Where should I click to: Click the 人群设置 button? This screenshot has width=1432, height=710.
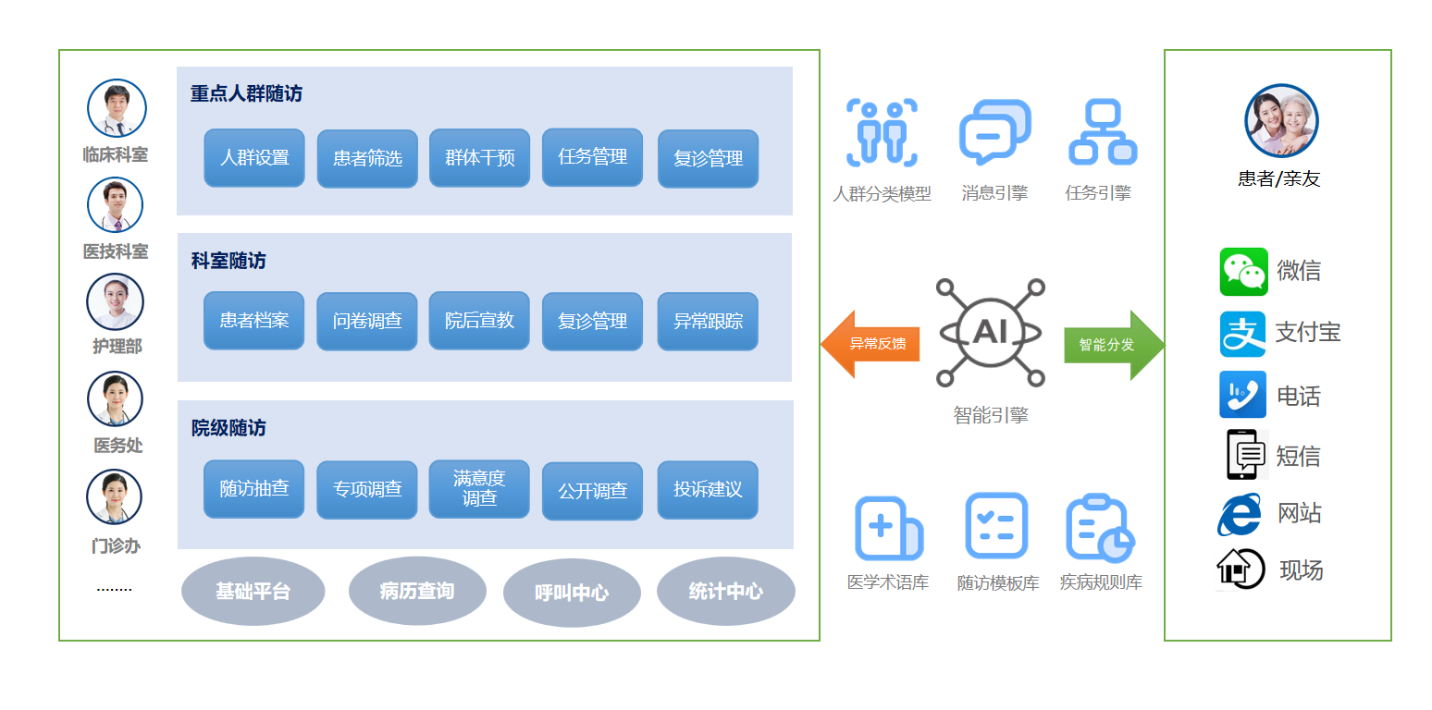click(x=254, y=158)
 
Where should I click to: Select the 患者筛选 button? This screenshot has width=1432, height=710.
click(x=367, y=159)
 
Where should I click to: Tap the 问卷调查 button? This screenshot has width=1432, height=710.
click(x=367, y=322)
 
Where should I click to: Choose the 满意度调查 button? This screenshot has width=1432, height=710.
click(x=479, y=488)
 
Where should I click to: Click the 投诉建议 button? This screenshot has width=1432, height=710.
click(x=708, y=489)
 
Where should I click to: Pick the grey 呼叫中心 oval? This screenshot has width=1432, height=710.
click(x=572, y=593)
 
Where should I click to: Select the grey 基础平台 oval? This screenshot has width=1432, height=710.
click(x=253, y=591)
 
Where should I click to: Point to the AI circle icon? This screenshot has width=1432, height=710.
click(x=990, y=332)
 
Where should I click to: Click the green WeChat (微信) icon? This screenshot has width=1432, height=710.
click(x=1243, y=271)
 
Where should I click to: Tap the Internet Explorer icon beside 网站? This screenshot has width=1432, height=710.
click(x=1240, y=515)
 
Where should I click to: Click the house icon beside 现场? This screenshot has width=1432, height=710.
click(x=1240, y=569)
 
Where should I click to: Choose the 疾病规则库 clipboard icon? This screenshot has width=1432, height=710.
click(x=1099, y=528)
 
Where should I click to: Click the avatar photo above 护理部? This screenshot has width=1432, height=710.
click(x=116, y=301)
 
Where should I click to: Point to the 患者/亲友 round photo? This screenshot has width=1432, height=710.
click(x=1280, y=121)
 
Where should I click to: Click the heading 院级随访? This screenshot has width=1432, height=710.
click(x=228, y=428)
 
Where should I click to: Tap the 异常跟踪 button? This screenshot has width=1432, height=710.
click(x=708, y=322)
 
